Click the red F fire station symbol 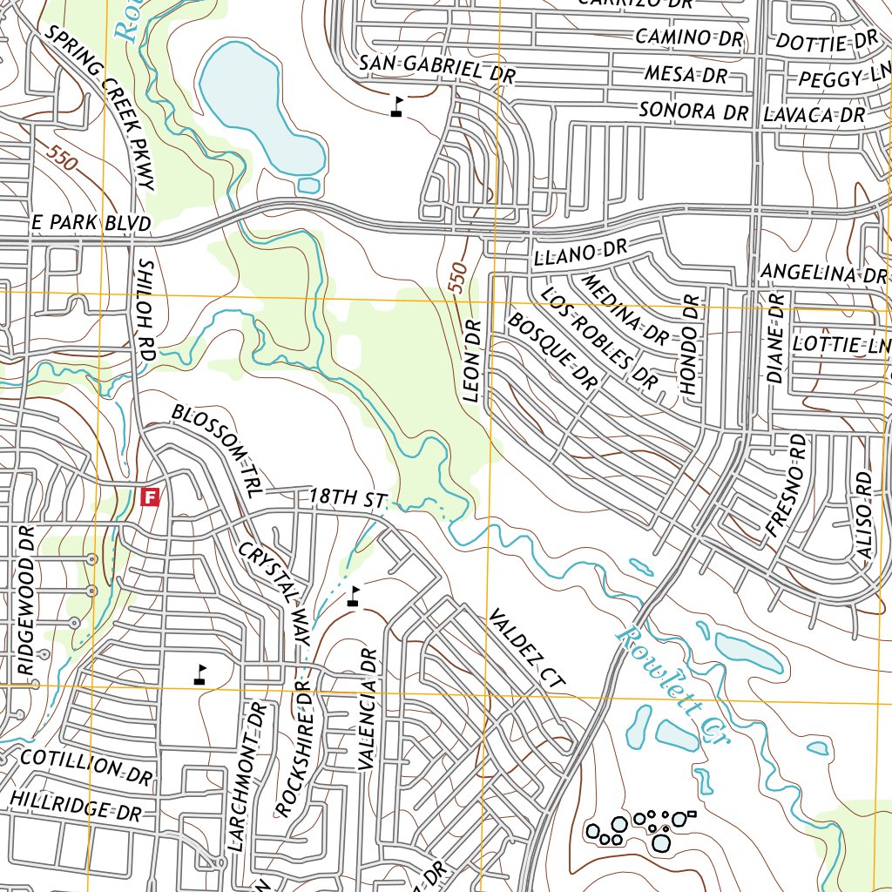(x=151, y=497)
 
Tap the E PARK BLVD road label (x=91, y=223)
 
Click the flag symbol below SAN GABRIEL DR (x=397, y=107)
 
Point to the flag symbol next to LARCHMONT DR (x=200, y=673)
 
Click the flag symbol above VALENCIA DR (x=353, y=597)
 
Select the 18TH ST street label (x=347, y=498)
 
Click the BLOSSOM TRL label (x=216, y=449)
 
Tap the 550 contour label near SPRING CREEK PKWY (x=64, y=159)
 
